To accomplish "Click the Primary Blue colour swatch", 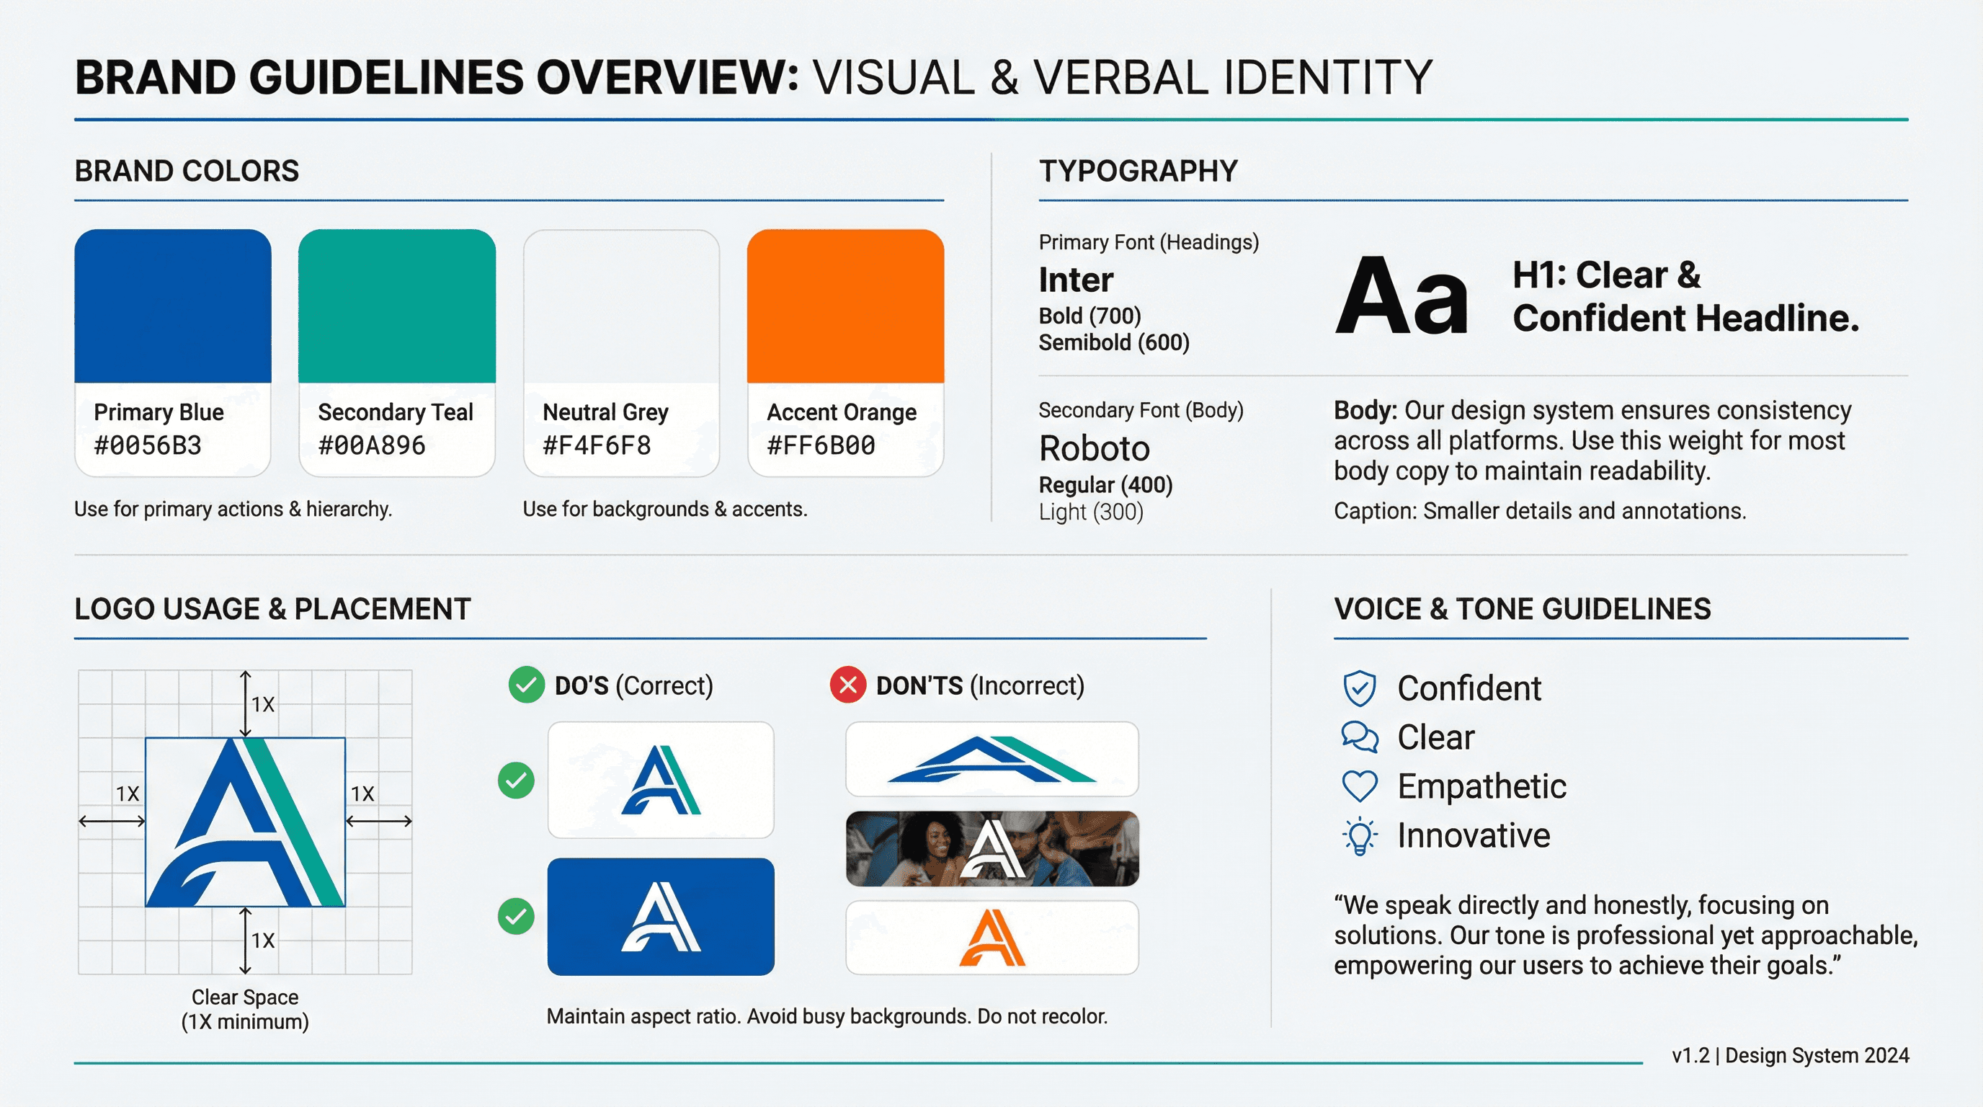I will [x=172, y=306].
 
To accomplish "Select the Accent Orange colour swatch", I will [x=845, y=306].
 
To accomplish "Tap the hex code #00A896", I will [x=372, y=445].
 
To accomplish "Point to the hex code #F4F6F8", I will [x=597, y=445].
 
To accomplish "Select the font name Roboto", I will [x=1094, y=448].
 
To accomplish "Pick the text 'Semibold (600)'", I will [x=1114, y=342].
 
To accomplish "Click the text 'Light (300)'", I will [x=1091, y=512].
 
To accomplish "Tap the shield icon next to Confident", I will [x=1360, y=688].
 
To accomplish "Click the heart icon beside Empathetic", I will [x=1360, y=786].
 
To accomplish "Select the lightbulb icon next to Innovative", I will [x=1360, y=836].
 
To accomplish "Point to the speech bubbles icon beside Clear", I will [x=1360, y=737].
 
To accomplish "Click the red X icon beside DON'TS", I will [x=847, y=685].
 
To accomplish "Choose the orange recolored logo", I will [x=991, y=938].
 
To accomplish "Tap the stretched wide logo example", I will [x=991, y=759].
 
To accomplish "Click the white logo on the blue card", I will [x=661, y=917].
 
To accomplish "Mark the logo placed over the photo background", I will [x=991, y=848].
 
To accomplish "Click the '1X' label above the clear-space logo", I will [x=262, y=704].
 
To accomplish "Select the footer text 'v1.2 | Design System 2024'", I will [x=1790, y=1055].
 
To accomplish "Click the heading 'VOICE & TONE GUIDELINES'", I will [x=1522, y=609].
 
